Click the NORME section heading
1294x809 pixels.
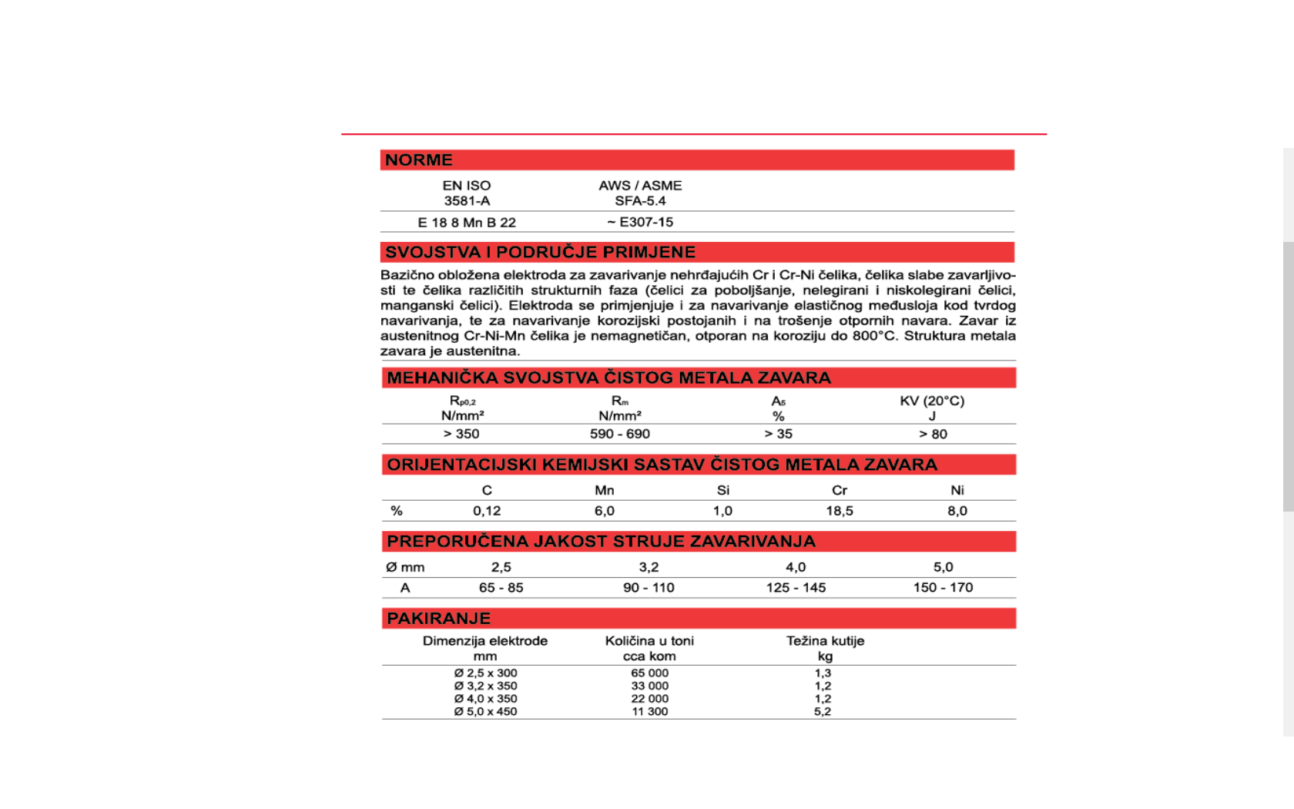tap(418, 160)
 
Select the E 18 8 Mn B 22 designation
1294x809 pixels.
tap(467, 223)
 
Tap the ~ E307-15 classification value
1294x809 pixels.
tap(640, 222)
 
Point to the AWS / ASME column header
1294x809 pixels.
tap(640, 186)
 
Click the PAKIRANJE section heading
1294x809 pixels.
tap(438, 619)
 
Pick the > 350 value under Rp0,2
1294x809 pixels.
tap(461, 434)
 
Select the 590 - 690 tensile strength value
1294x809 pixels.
tap(620, 434)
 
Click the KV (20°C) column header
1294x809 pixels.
tap(932, 401)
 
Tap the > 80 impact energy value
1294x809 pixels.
tap(933, 434)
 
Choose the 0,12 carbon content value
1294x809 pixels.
tap(487, 511)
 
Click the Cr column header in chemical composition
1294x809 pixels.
tap(840, 490)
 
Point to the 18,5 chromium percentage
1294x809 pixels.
tap(840, 511)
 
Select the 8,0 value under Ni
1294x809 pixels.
tap(957, 511)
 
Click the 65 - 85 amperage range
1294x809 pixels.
tap(501, 588)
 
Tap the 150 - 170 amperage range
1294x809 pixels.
tap(943, 588)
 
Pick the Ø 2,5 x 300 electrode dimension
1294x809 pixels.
tap(485, 673)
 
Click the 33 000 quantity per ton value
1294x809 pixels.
tap(650, 686)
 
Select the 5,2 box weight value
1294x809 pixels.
tap(823, 712)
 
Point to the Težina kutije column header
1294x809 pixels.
tap(825, 641)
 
